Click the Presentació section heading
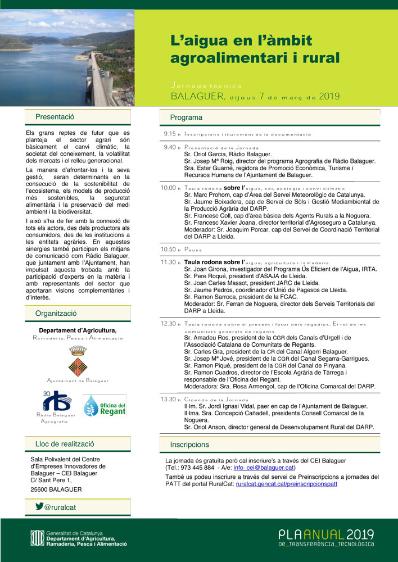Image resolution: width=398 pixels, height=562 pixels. click(x=55, y=117)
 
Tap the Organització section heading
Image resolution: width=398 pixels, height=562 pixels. click(x=56, y=313)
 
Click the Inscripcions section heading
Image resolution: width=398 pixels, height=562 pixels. click(x=189, y=445)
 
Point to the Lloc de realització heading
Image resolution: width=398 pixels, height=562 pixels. click(x=65, y=444)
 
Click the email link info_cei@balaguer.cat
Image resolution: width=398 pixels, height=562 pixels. click(x=264, y=468)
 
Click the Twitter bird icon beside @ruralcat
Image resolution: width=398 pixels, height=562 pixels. click(x=39, y=506)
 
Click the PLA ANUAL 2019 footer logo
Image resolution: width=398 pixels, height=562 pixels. click(x=326, y=537)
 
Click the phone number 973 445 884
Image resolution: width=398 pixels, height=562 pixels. click(x=197, y=468)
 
